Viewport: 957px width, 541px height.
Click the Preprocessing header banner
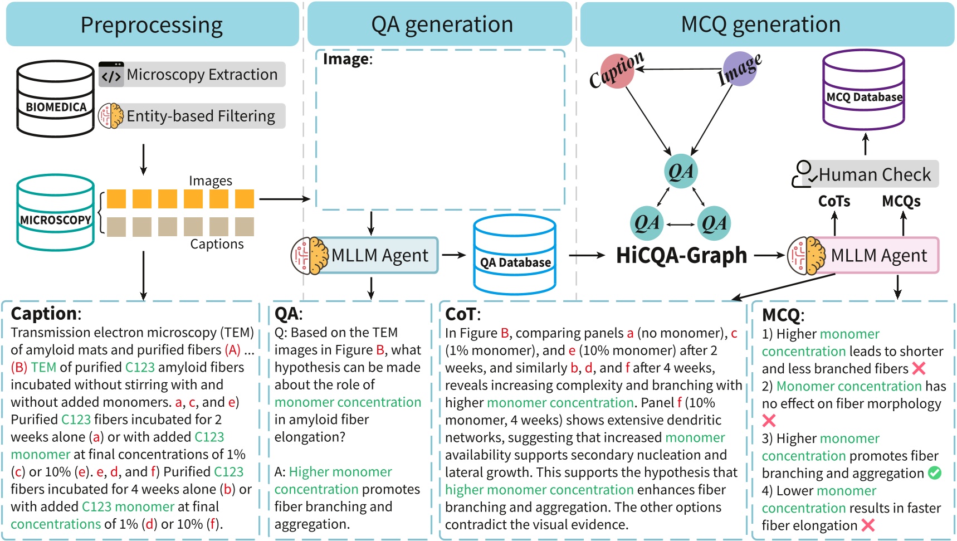pos(152,25)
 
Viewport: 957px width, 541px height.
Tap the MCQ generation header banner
pos(760,25)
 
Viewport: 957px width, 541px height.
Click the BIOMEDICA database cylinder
pos(56,99)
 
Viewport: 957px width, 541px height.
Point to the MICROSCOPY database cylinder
pos(55,213)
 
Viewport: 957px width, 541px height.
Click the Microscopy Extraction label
pos(193,75)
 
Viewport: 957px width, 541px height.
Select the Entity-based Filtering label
pos(193,116)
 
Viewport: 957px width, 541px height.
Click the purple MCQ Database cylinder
pos(863,89)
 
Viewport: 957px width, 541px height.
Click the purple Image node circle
pos(740,69)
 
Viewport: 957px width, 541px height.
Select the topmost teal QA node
pos(681,171)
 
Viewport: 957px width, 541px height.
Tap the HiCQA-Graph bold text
pos(681,255)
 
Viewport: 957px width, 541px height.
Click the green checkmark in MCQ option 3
pos(935,473)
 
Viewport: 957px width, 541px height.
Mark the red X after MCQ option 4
pos(868,525)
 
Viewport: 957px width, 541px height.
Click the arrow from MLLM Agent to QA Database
pos(453,255)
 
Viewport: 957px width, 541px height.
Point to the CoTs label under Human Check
pos(834,201)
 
